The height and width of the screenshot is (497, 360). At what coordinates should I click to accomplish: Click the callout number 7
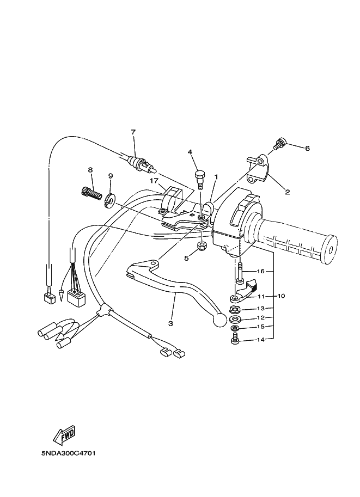(132, 132)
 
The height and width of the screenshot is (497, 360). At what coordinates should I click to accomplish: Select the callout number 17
(154, 181)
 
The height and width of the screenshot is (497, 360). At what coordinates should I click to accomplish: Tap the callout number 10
(281, 296)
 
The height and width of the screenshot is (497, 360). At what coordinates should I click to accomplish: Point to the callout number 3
(170, 323)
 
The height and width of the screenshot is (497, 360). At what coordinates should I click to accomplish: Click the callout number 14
(260, 340)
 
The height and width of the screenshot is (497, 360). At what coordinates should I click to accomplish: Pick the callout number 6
(307, 148)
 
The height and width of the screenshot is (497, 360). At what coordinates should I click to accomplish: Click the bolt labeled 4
(199, 176)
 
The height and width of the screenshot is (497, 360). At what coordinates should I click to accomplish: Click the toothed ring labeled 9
(109, 201)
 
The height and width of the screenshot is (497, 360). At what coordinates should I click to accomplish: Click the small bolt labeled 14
(235, 341)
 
